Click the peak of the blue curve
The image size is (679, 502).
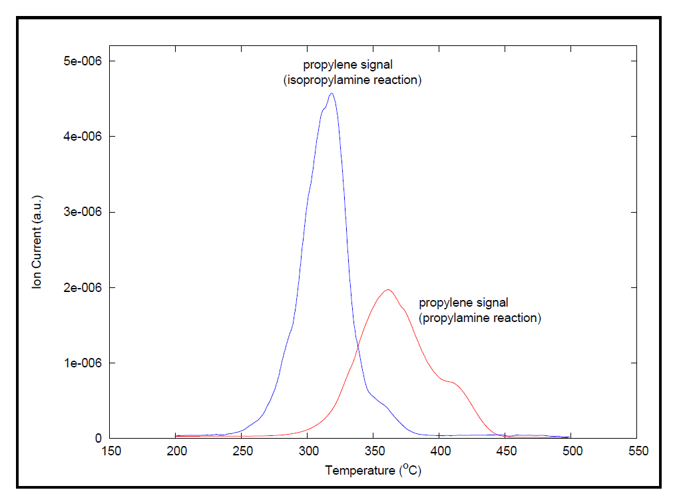pos(332,93)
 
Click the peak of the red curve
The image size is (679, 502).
pos(387,289)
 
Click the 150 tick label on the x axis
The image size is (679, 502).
pos(111,451)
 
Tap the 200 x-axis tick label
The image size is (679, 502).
pos(176,451)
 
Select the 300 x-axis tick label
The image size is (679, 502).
pos(308,451)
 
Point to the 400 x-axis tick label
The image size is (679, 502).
pos(440,451)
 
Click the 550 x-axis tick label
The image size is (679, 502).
pos(638,451)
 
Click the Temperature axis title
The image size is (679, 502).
pos(373,470)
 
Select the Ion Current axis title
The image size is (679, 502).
pos(38,242)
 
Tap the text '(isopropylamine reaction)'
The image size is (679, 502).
pos(353,80)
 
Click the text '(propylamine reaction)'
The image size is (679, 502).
pos(480,318)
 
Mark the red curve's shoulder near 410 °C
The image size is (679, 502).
pos(453,382)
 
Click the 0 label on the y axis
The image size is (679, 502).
pos(97,439)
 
